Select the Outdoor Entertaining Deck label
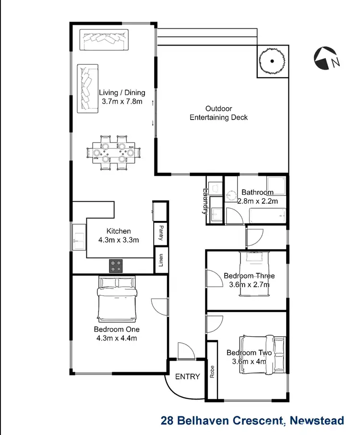pyautogui.click(x=218, y=113)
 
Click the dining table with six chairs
pyautogui.click(x=113, y=153)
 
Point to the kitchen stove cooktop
pyautogui.click(x=116, y=266)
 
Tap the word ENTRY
pyautogui.click(x=187, y=376)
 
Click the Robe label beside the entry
pyautogui.click(x=212, y=372)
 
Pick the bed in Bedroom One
pyautogui.click(x=117, y=299)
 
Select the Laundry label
pyautogui.click(x=206, y=200)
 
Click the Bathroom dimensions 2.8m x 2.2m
pyautogui.click(x=258, y=201)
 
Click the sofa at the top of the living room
pyautogui.click(x=104, y=40)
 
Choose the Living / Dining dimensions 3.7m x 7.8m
pyautogui.click(x=122, y=101)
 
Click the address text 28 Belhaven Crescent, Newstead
pyautogui.click(x=252, y=421)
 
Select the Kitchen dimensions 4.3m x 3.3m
pyautogui.click(x=120, y=240)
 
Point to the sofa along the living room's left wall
pyautogui.click(x=88, y=89)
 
